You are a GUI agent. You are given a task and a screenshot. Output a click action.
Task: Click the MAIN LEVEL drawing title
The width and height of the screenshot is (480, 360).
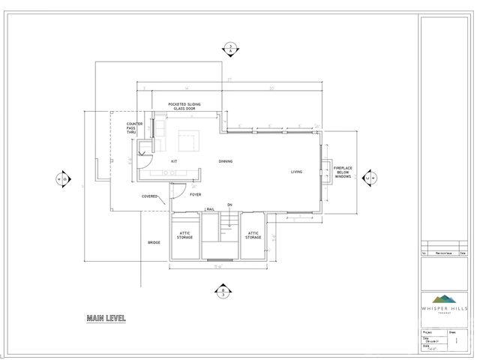(x=106, y=319)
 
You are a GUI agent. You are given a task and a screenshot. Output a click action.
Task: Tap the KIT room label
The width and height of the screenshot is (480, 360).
(x=173, y=161)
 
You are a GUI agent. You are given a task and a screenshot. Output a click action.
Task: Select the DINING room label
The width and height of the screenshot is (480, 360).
(x=225, y=161)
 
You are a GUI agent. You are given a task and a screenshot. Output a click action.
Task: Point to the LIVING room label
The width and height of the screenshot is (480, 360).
(x=297, y=172)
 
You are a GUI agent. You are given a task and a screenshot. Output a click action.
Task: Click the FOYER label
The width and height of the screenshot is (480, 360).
(x=195, y=194)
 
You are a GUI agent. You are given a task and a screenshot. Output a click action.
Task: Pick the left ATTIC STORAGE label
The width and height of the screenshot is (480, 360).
(x=184, y=235)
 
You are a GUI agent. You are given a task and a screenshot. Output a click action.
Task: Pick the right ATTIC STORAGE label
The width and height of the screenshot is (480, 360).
(x=253, y=235)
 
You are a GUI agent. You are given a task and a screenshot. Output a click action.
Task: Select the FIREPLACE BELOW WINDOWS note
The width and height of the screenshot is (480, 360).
(x=343, y=172)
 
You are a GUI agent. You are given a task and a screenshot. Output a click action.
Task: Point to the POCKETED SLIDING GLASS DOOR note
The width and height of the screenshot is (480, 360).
(x=184, y=106)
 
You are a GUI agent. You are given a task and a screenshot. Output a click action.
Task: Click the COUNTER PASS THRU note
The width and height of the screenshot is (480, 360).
(x=134, y=127)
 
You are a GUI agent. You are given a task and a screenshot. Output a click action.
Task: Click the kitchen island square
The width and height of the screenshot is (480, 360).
(x=186, y=140)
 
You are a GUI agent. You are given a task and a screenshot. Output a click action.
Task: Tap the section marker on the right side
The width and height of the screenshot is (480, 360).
(x=369, y=178)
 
